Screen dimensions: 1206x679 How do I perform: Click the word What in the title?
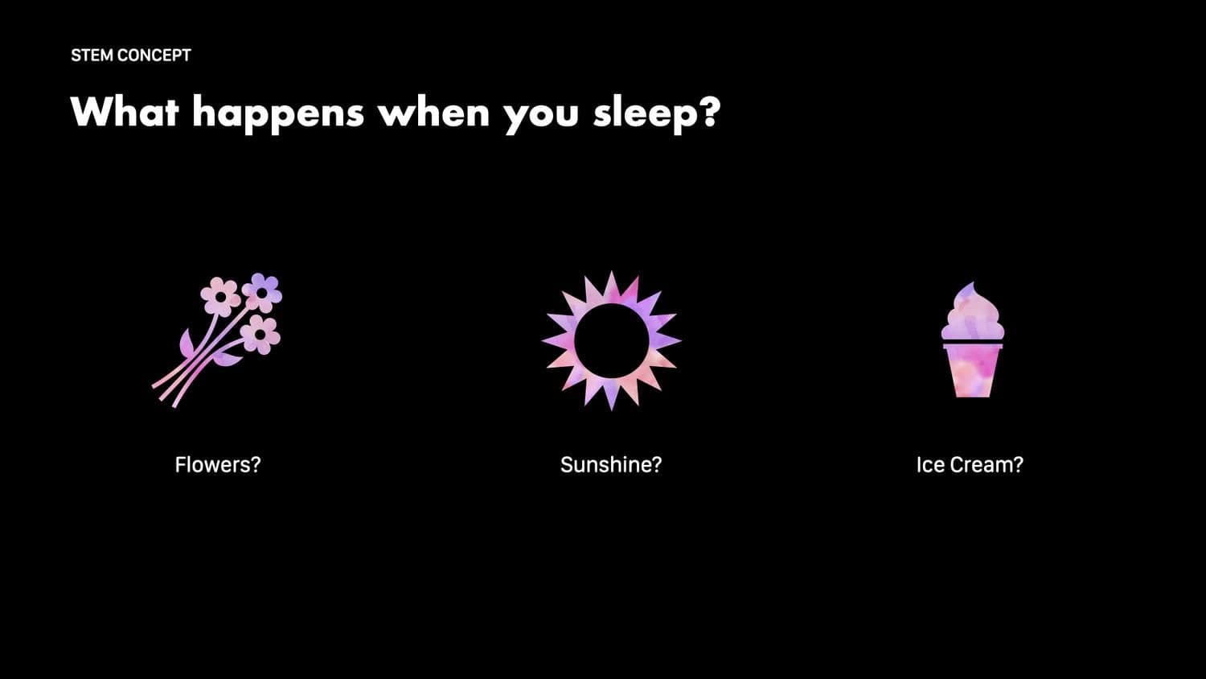pyautogui.click(x=125, y=112)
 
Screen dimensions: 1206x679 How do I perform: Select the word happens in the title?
pyautogui.click(x=278, y=114)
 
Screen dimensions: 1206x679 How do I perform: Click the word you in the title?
pyautogui.click(x=541, y=117)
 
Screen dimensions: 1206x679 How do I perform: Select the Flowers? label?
pyautogui.click(x=218, y=464)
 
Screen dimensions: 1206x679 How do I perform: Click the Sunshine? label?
pyautogui.click(x=611, y=464)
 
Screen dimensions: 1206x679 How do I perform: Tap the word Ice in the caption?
pyautogui.click(x=931, y=464)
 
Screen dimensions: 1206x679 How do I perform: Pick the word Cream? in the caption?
pyautogui.click(x=987, y=464)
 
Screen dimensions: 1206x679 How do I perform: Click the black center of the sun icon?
pyautogui.click(x=611, y=340)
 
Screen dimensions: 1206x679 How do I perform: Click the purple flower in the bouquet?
pyautogui.click(x=262, y=292)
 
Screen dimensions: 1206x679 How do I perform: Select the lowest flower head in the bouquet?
pyautogui.click(x=260, y=334)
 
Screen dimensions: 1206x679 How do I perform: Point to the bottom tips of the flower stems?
pyautogui.click(x=164, y=396)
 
